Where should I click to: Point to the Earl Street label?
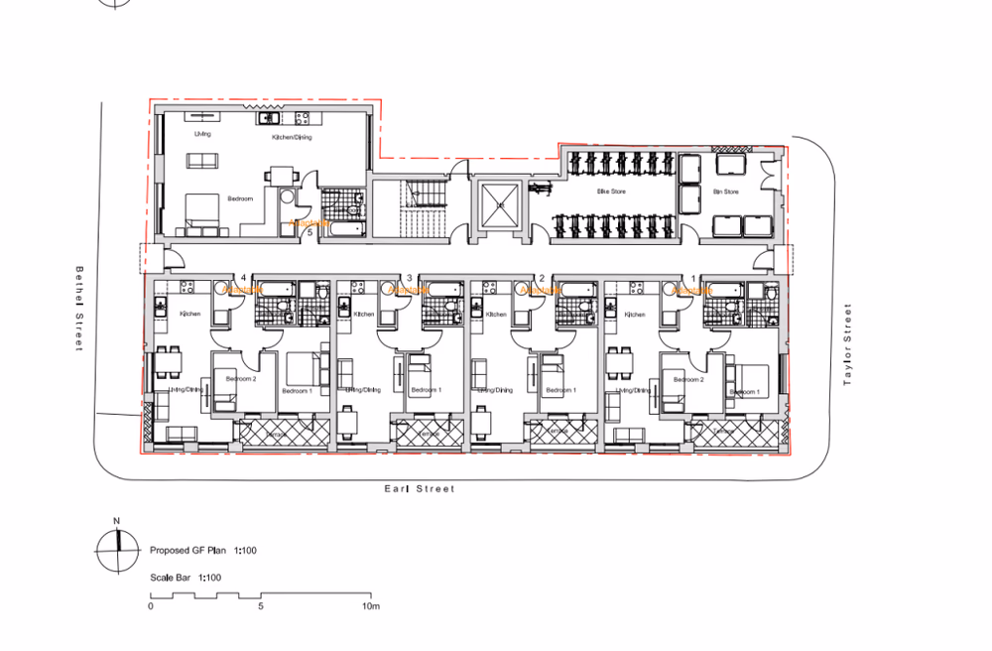[x=420, y=488]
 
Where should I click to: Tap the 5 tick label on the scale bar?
[x=260, y=605]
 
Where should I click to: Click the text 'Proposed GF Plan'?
[x=188, y=549]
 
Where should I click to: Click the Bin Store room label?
[x=726, y=192]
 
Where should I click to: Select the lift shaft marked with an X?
[x=500, y=205]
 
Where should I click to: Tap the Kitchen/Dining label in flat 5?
[x=292, y=137]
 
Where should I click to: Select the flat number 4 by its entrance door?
[x=243, y=277]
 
